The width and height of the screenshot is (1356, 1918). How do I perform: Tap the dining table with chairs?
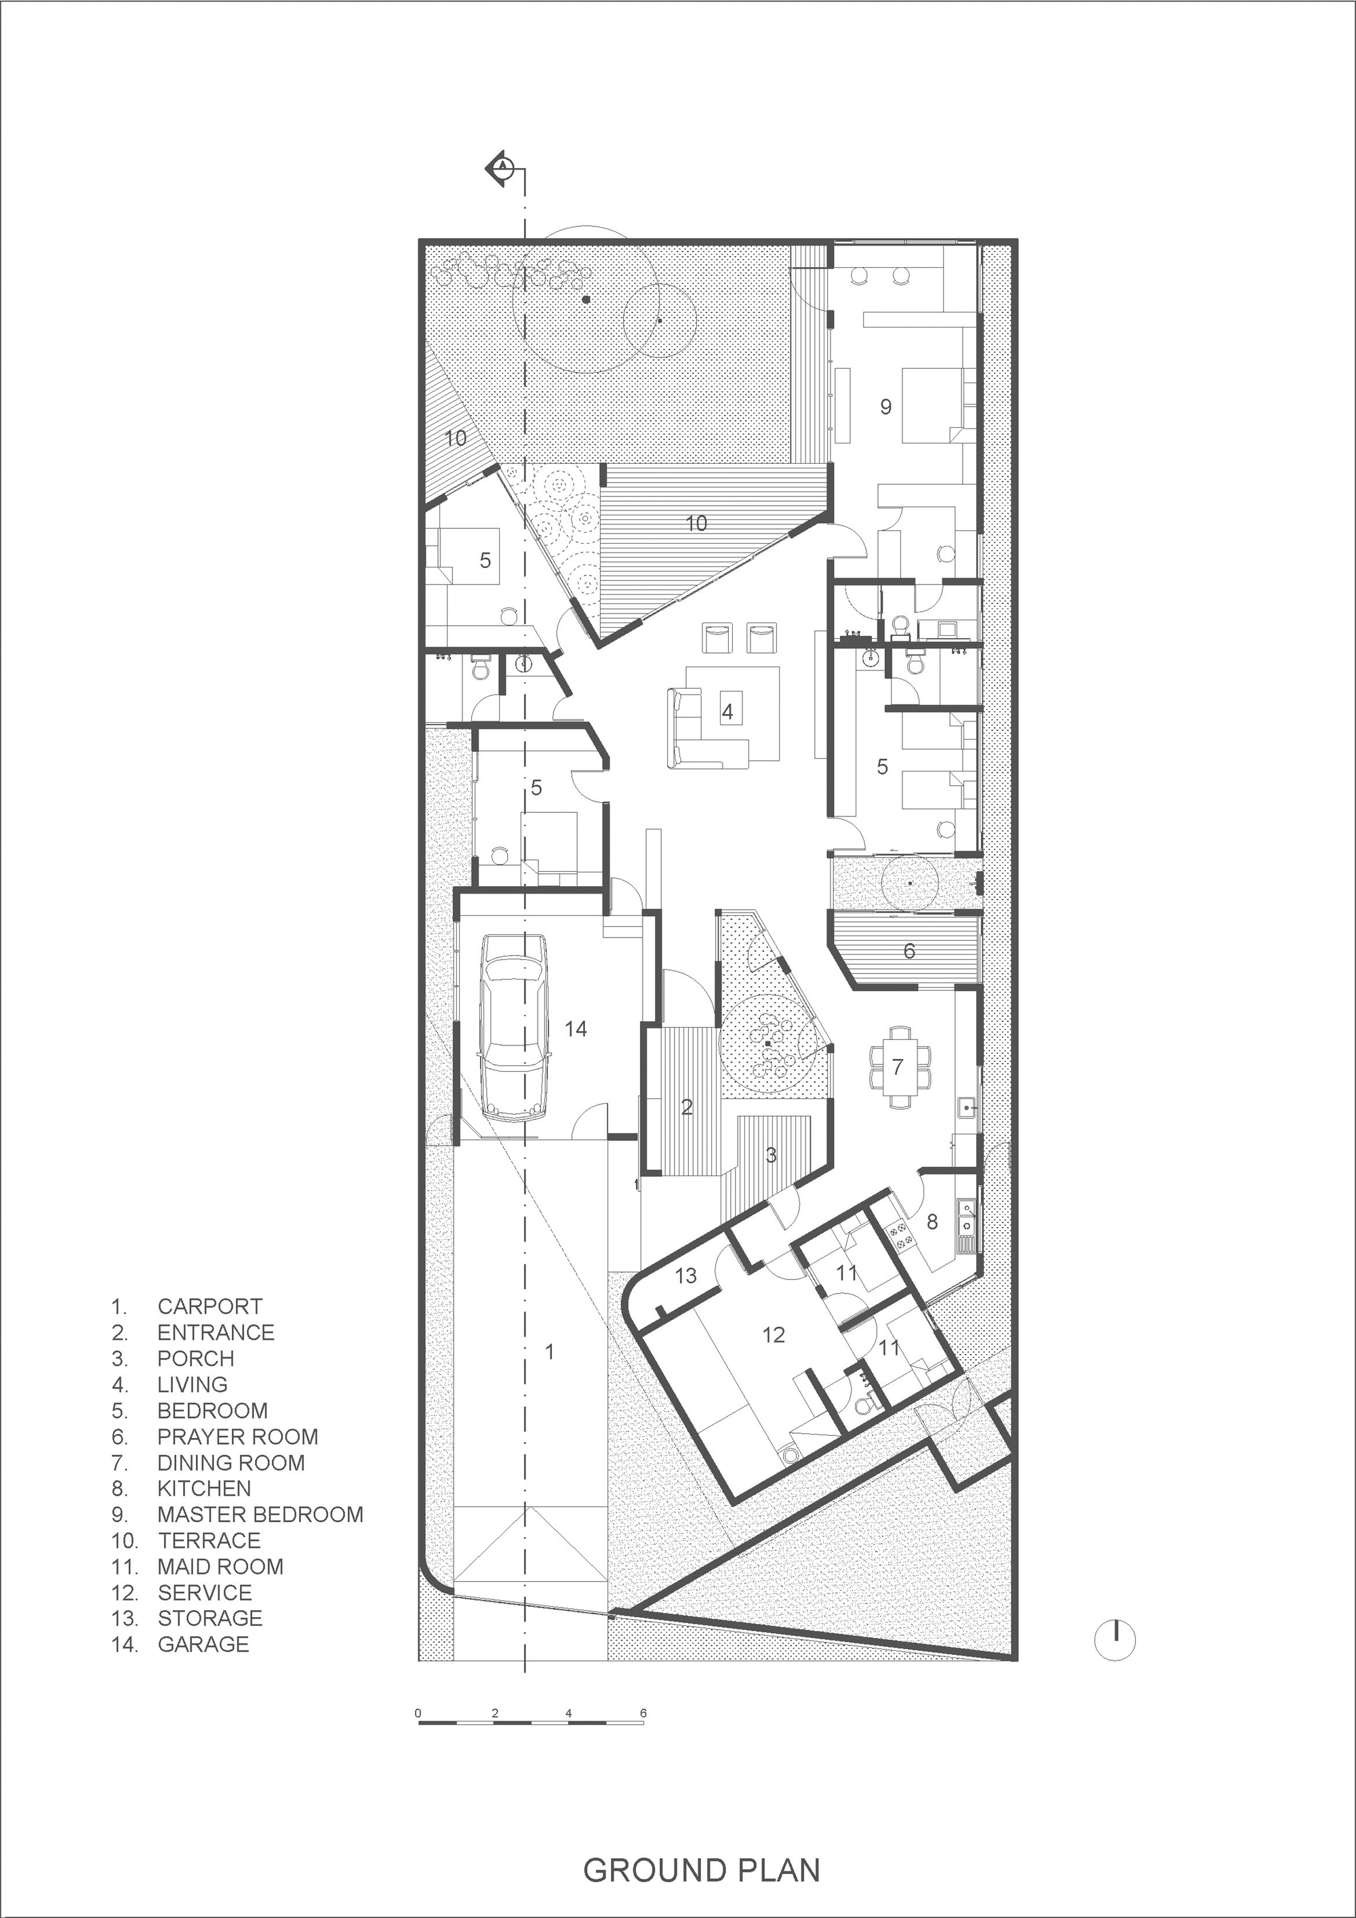click(x=898, y=1066)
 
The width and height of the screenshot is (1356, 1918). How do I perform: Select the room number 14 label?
click(x=576, y=1029)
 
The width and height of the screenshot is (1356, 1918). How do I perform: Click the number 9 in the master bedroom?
click(x=885, y=407)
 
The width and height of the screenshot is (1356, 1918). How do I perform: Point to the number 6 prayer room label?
click(x=910, y=951)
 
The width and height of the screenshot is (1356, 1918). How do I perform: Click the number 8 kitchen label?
click(x=932, y=1222)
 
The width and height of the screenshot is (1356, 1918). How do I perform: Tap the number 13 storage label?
click(x=686, y=1275)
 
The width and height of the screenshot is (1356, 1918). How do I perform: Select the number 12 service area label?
click(x=774, y=1335)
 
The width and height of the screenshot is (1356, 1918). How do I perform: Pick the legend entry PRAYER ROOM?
click(x=237, y=1437)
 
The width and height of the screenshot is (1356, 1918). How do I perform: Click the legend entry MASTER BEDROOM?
click(x=260, y=1515)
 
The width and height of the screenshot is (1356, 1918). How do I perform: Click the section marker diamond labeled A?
click(x=502, y=168)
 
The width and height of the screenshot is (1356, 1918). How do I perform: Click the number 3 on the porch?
click(x=771, y=1155)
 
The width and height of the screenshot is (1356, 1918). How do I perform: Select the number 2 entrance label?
click(x=687, y=1108)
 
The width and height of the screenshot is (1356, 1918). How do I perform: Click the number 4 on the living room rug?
click(x=727, y=712)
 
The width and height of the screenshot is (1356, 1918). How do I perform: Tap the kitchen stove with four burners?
click(x=902, y=1235)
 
